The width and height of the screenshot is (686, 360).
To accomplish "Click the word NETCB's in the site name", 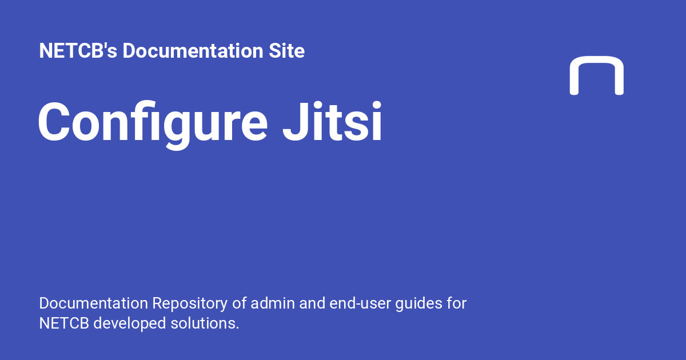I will coord(78,51).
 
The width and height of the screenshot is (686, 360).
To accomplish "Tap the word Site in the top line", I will coord(287,51).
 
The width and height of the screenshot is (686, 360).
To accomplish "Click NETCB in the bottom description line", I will coord(63,323).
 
